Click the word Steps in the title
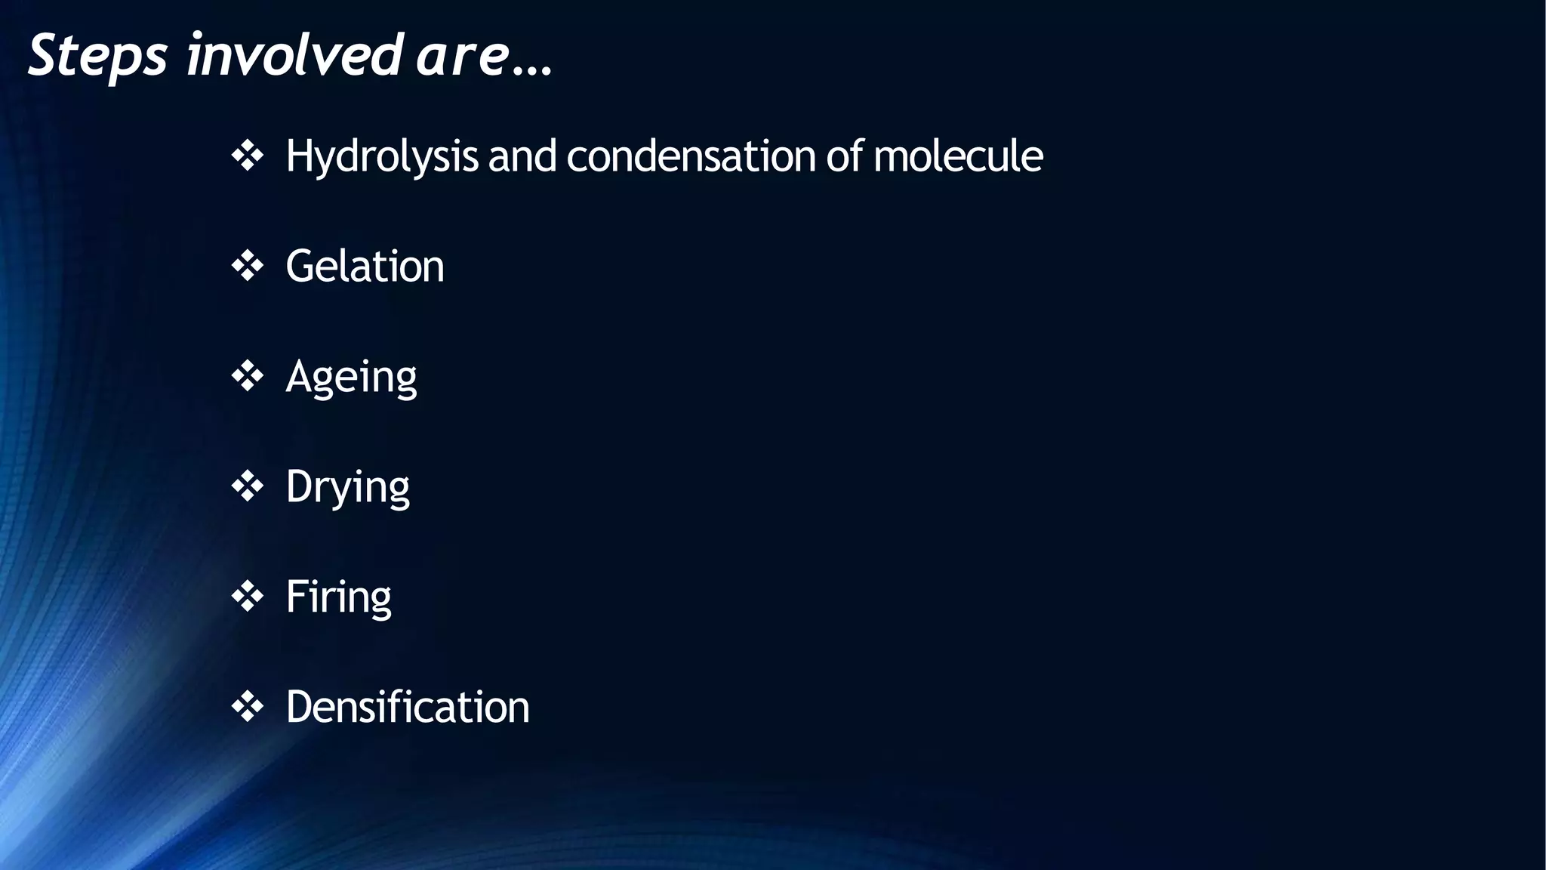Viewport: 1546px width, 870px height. pos(97,56)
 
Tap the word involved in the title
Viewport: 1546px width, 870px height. pos(294,56)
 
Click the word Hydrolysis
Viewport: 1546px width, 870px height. pos(382,156)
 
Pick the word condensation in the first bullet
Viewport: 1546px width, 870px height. pos(691,156)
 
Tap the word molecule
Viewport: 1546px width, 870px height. pos(958,156)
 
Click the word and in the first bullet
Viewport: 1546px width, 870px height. pos(522,156)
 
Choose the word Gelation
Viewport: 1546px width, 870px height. pos(365,267)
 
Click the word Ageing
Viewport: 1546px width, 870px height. pos(351,377)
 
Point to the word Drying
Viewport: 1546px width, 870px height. pos(347,487)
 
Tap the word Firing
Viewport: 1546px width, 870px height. pos(338,597)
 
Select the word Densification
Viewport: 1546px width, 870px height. pos(408,708)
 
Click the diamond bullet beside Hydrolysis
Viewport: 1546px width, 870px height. pos(248,156)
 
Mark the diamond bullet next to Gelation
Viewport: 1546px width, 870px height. pos(248,267)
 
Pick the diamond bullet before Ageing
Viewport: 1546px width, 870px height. pos(248,377)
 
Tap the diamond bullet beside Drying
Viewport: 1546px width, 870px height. pos(248,487)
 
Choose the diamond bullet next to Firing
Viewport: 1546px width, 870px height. pos(248,597)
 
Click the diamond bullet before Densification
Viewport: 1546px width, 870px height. pos(248,708)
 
